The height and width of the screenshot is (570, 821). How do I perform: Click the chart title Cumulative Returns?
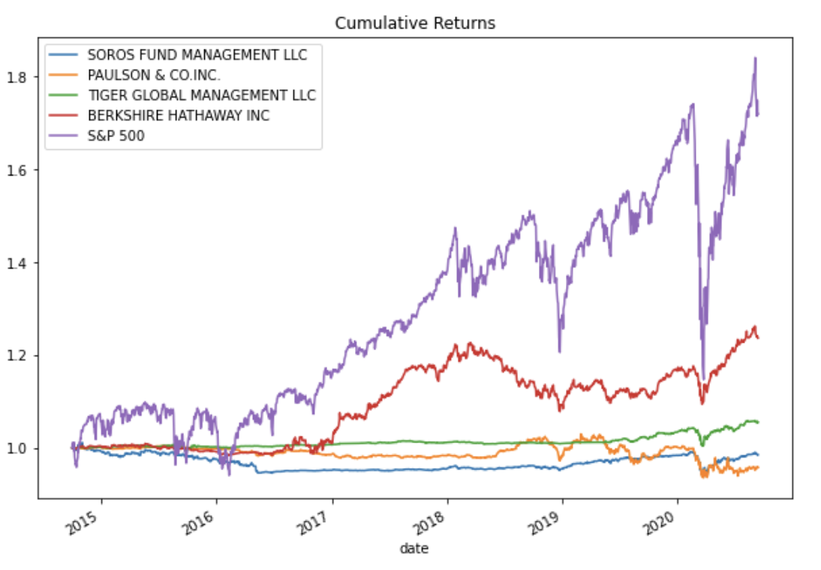click(x=415, y=23)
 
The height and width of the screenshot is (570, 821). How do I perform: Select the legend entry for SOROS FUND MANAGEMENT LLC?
click(x=197, y=55)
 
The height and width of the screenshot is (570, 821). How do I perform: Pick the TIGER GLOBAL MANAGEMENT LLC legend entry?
click(x=201, y=95)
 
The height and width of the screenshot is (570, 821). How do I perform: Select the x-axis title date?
click(x=414, y=550)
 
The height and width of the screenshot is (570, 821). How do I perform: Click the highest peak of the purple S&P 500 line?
click(x=755, y=58)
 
